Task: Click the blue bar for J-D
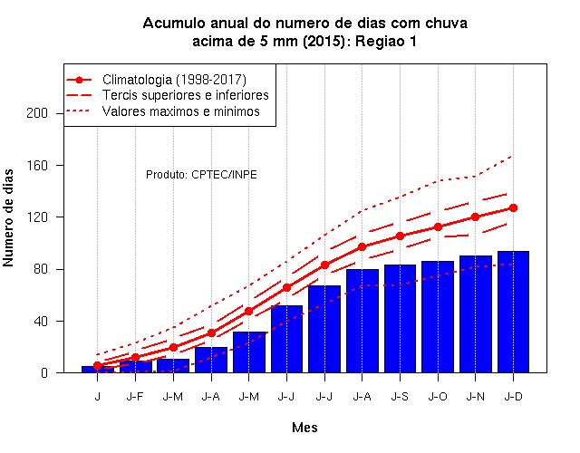[513, 312]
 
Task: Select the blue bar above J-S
[400, 319]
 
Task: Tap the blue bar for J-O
[438, 317]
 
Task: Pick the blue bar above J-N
[475, 314]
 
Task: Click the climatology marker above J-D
[513, 207]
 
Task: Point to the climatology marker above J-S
[400, 236]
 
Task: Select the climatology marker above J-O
[438, 226]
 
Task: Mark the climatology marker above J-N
[475, 217]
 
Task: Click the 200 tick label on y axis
[37, 113]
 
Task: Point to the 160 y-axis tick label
[37, 165]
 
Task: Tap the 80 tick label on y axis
[41, 269]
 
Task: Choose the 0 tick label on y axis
[44, 372]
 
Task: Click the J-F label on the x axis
[135, 397]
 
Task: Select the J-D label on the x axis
[514, 397]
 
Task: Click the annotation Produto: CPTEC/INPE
[201, 175]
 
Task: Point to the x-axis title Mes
[304, 428]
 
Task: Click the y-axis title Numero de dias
[8, 218]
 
